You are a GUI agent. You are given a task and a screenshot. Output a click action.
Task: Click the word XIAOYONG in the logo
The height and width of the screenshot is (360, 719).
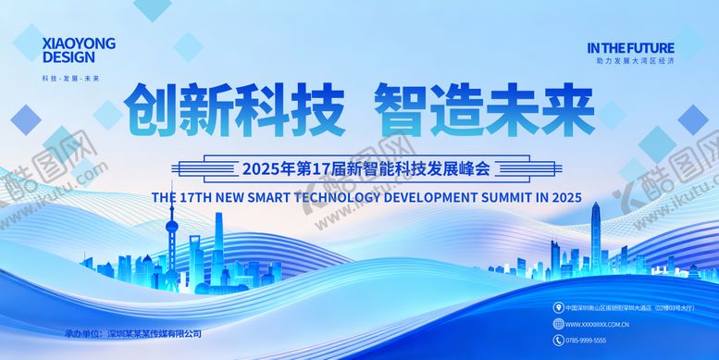click(81, 41)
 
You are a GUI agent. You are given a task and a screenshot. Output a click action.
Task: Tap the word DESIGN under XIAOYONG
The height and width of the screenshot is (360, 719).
click(68, 56)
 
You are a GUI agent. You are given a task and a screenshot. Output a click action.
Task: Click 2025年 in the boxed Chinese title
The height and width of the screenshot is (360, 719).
click(269, 169)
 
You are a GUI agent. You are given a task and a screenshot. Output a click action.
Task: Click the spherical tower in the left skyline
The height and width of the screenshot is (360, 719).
click(171, 228)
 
